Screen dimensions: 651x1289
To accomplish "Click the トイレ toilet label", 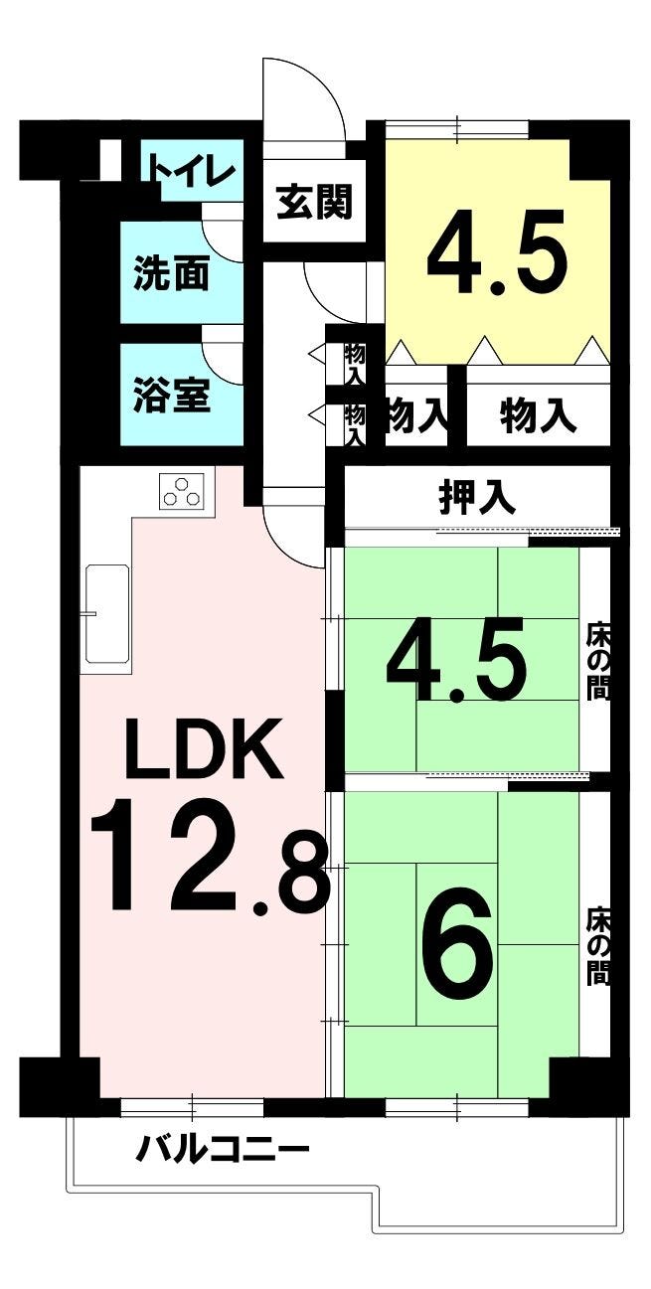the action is pyautogui.click(x=192, y=171).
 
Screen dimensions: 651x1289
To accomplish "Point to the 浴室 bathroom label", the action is pyautogui.click(x=171, y=395).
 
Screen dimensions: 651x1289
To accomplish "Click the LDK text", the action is pyautogui.click(x=206, y=748).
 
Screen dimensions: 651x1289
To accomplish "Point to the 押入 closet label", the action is pyautogui.click(x=477, y=497).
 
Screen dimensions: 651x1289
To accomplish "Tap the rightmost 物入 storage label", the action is pyautogui.click(x=538, y=416).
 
